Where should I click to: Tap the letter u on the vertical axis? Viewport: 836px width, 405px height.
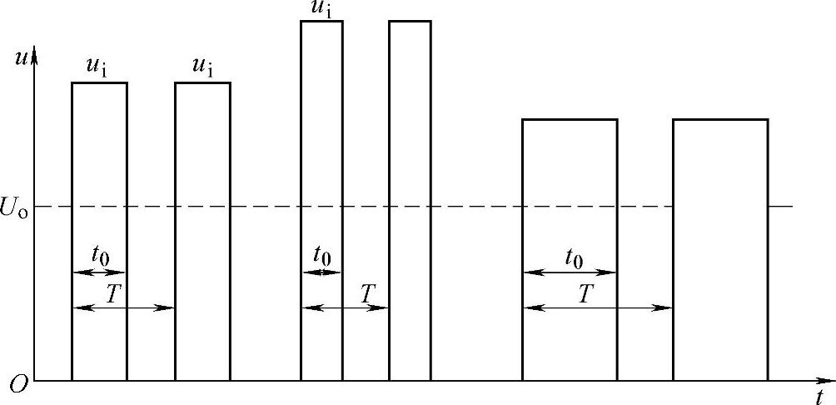(21, 57)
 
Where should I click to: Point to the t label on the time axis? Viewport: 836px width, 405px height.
(820, 395)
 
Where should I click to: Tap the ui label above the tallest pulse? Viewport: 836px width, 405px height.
(321, 7)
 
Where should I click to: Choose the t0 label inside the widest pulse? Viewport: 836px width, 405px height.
(574, 257)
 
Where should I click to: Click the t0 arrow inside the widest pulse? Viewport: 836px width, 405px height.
(570, 272)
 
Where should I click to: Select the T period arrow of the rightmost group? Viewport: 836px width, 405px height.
(597, 307)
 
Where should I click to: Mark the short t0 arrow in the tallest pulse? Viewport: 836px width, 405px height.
(321, 272)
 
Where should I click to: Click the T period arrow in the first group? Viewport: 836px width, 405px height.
(123, 307)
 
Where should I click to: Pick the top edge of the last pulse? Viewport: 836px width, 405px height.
(720, 119)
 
